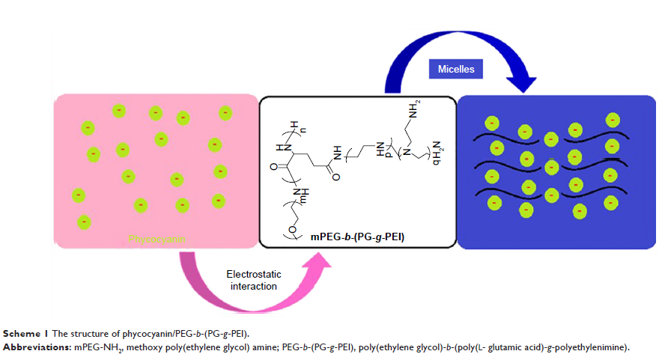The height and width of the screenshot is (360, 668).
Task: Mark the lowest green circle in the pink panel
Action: click(84, 222)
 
